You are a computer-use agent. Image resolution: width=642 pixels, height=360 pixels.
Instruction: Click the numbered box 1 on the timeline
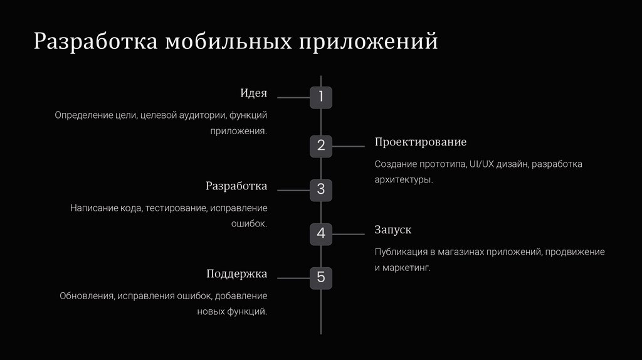click(321, 97)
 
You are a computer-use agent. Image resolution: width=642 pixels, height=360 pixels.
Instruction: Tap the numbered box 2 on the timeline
click(321, 146)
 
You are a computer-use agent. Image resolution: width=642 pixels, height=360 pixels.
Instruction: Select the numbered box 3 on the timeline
click(321, 189)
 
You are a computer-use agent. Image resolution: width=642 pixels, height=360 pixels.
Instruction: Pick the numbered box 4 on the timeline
click(321, 234)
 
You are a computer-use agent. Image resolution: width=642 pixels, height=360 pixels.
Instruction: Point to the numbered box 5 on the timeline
click(321, 277)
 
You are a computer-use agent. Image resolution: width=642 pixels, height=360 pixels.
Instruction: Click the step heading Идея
click(253, 93)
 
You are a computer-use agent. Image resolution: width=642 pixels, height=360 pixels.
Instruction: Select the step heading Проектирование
click(421, 142)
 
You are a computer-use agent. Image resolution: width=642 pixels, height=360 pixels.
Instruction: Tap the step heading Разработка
click(236, 186)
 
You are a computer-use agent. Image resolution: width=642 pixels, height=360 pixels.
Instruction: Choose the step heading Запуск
click(393, 230)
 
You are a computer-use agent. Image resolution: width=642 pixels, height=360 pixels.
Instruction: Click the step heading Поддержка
click(236, 274)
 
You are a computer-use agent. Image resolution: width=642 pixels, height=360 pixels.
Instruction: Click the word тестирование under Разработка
click(176, 208)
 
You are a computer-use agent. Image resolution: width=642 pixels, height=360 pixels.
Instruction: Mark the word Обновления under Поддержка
click(87, 296)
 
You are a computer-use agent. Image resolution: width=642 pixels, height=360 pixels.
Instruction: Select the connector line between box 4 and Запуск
click(348, 234)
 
